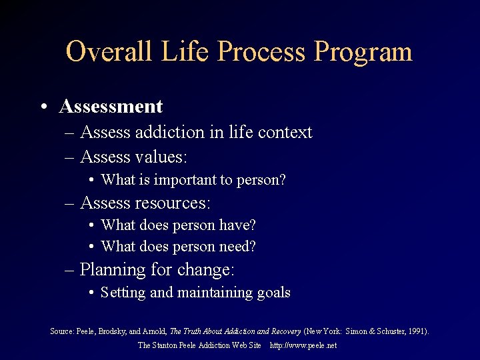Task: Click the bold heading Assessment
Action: [111, 107]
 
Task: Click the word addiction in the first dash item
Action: [169, 132]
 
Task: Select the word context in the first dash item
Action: [285, 132]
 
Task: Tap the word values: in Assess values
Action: [160, 157]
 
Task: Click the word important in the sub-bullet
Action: [185, 180]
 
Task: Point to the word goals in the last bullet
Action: [273, 293]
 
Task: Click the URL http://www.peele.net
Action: [303, 345]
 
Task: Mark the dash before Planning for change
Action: [70, 271]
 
